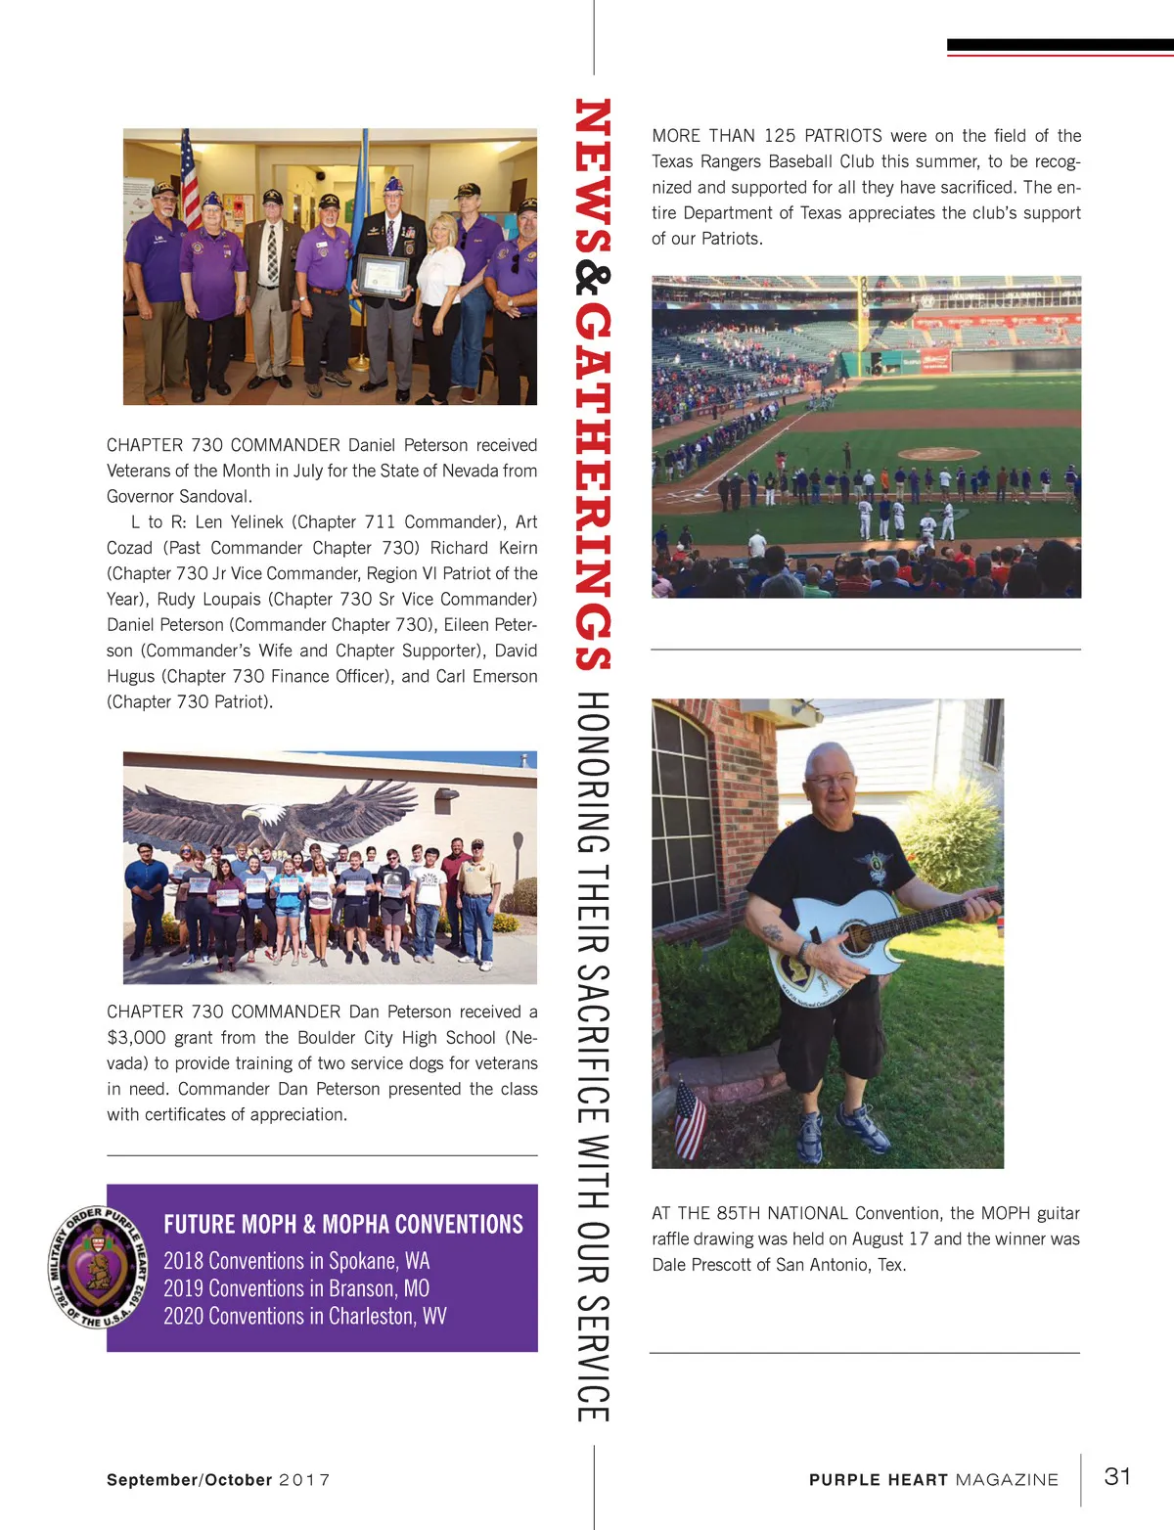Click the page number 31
point(1117,1476)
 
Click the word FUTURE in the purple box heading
point(199,1225)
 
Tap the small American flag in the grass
point(690,1120)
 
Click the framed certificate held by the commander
point(382,275)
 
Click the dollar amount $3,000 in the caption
point(136,1037)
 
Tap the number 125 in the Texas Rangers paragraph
point(780,136)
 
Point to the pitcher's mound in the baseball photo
point(937,454)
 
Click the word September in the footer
point(152,1480)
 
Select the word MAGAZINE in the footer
point(1007,1480)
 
